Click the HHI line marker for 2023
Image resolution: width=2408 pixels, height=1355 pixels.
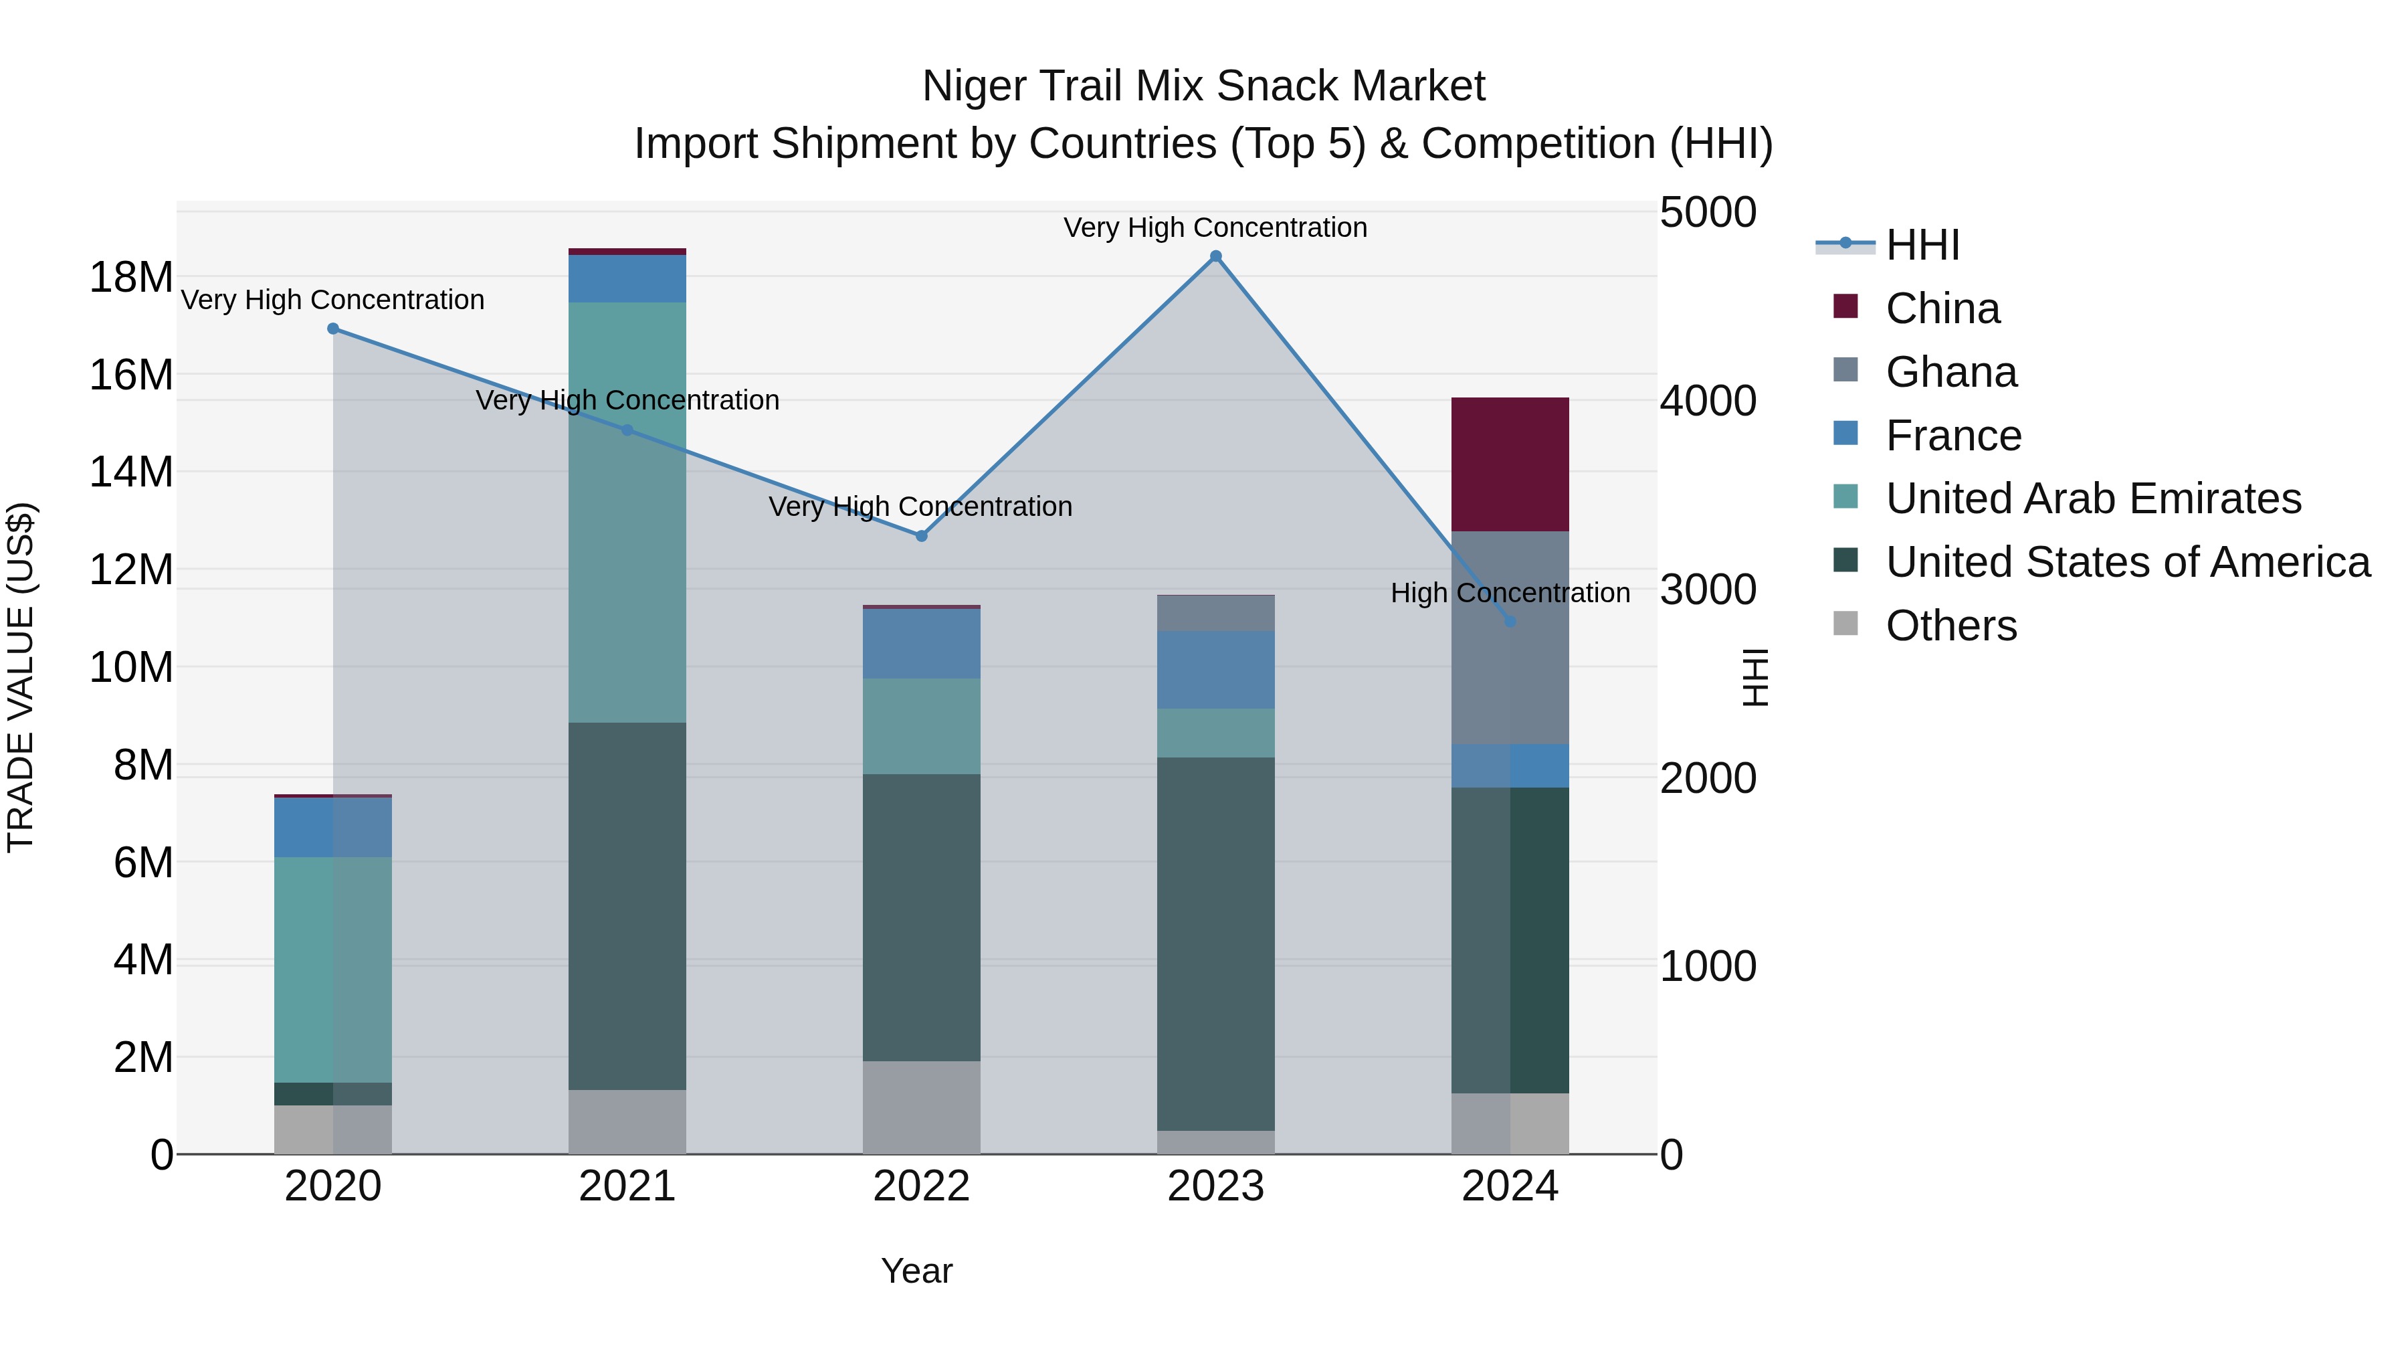(1215, 256)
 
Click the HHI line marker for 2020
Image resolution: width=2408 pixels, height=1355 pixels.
(333, 329)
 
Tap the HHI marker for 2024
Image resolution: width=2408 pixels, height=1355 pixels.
(1510, 621)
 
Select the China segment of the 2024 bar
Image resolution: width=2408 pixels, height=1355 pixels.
(1510, 465)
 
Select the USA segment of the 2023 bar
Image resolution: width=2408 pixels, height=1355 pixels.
(1215, 944)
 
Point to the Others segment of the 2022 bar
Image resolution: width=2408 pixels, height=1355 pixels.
(921, 1107)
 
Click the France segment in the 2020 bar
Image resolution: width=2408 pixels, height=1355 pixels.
(333, 828)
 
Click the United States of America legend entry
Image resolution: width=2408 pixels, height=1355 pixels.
(2126, 562)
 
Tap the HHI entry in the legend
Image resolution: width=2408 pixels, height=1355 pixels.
(1922, 245)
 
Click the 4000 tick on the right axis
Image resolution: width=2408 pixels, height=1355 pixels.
(1707, 401)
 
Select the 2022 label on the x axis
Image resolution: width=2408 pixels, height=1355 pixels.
(921, 1186)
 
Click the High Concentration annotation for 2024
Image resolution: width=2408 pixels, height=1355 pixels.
(1510, 593)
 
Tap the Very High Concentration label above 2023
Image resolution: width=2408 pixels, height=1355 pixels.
(1215, 228)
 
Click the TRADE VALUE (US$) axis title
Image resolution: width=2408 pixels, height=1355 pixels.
(21, 678)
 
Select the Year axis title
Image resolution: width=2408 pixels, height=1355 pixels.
(916, 1271)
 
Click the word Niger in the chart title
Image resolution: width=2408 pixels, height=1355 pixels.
(973, 86)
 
